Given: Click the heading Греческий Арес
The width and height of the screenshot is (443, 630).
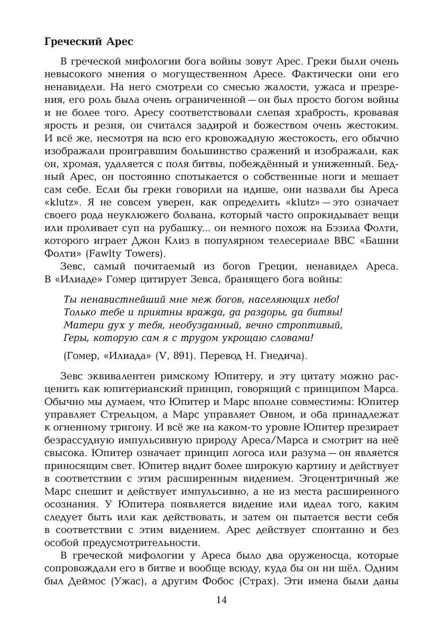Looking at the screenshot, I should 89,42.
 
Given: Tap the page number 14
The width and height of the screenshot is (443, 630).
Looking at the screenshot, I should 221,600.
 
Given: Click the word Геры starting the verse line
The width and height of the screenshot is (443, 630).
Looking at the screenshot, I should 75,338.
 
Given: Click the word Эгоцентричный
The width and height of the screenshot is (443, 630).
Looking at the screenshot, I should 344,479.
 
